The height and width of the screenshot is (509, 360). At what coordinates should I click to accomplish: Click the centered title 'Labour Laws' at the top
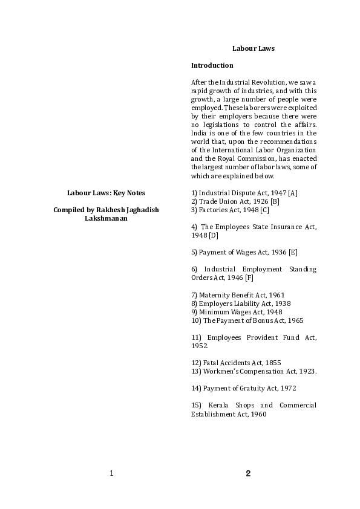pyautogui.click(x=254, y=48)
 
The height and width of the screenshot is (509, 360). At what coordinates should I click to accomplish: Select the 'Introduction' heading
pyautogui.click(x=212, y=65)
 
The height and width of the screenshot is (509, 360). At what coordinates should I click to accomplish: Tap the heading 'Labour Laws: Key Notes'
pyautogui.click(x=106, y=192)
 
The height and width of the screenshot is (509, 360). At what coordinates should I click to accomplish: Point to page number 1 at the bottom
pyautogui.click(x=111, y=473)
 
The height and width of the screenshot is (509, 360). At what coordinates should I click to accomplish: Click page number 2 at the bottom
pyautogui.click(x=248, y=473)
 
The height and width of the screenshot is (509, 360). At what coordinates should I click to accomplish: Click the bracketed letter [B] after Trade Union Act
pyautogui.click(x=275, y=201)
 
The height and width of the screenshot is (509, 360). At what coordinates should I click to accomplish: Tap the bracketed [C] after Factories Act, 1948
pyautogui.click(x=264, y=210)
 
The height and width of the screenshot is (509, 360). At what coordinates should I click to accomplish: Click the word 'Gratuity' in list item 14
pyautogui.click(x=252, y=387)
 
